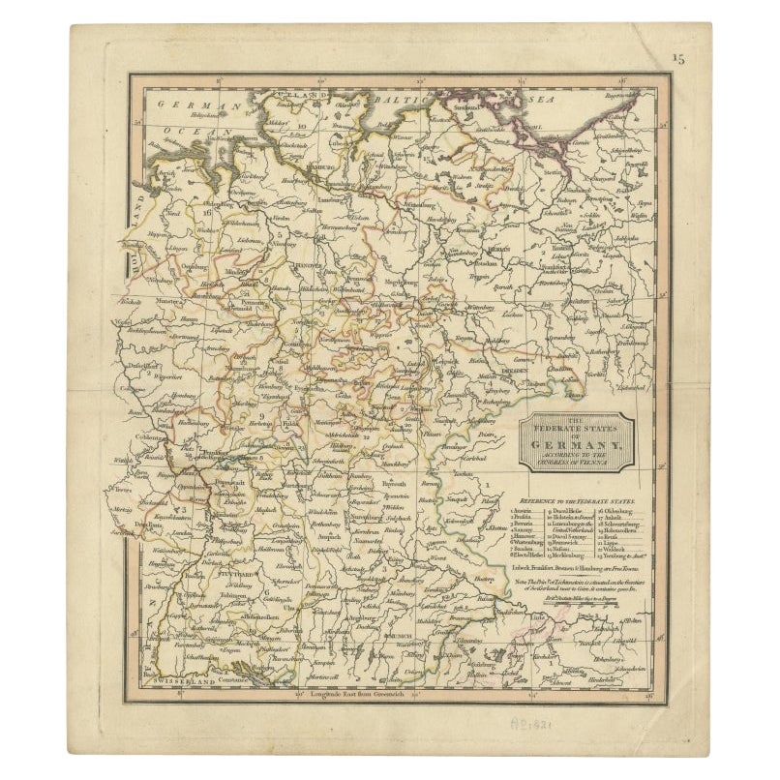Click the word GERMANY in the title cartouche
[577, 436]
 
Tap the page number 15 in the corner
[679, 59]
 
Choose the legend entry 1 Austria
[524, 508]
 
